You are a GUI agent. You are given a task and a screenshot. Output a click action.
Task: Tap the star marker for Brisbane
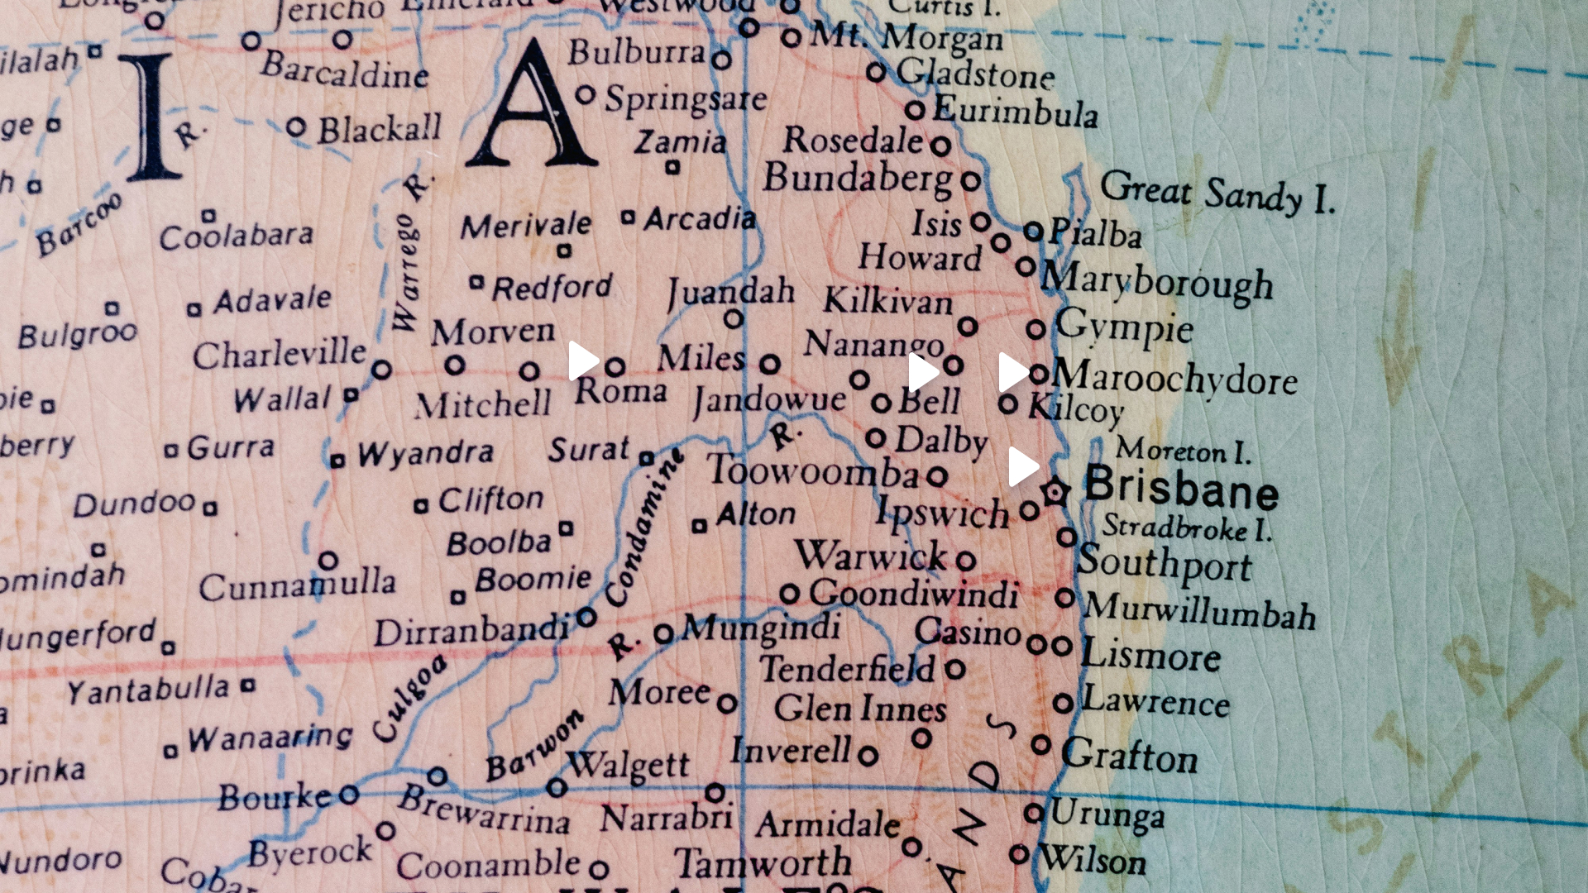1055,493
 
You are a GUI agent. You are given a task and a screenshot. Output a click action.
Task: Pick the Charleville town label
279,354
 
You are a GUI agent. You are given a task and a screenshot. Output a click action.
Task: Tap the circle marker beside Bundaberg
971,180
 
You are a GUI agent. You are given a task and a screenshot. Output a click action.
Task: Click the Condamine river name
643,529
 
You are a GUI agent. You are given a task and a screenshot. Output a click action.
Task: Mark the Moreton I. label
1183,451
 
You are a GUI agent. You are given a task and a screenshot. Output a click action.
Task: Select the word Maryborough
1157,281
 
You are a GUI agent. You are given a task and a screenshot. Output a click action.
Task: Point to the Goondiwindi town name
913,594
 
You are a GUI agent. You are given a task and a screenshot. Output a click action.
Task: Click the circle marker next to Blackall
296,128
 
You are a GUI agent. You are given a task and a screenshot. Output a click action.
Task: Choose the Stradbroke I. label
1186,528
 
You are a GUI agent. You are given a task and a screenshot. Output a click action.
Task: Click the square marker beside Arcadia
629,218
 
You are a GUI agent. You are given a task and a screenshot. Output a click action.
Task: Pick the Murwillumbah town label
1199,611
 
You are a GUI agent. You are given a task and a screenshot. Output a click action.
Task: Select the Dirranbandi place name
471,632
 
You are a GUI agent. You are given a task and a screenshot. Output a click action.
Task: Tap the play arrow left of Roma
582,361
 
